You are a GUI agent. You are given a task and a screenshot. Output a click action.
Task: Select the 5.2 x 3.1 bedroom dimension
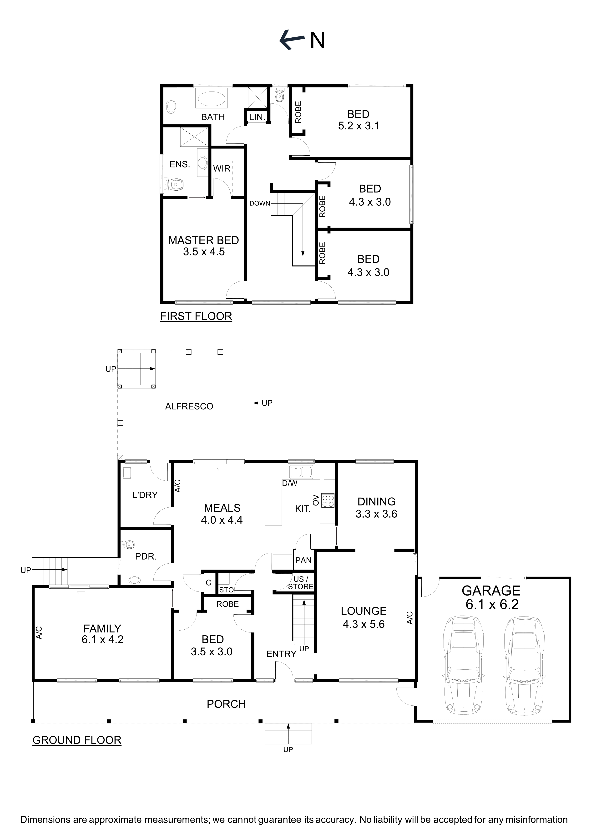pyautogui.click(x=359, y=126)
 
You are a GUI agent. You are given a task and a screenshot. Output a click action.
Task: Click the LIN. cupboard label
pyautogui.click(x=257, y=117)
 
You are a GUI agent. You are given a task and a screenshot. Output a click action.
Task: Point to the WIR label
pyautogui.click(x=222, y=168)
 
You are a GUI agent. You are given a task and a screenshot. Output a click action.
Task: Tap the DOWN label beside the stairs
pyautogui.click(x=259, y=204)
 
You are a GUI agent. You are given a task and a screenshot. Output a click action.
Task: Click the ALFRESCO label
pyautogui.click(x=189, y=406)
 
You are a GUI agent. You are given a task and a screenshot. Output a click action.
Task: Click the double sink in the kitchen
pyautogui.click(x=301, y=472)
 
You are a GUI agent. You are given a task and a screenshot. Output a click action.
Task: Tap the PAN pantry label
pyautogui.click(x=303, y=560)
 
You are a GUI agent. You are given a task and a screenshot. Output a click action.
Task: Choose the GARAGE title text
pyautogui.click(x=491, y=590)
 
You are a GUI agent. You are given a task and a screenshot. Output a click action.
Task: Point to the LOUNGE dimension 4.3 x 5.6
pyautogui.click(x=364, y=624)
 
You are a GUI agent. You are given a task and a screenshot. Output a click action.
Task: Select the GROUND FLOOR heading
pyautogui.click(x=77, y=740)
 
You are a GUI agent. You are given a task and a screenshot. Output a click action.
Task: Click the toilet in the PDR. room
pyautogui.click(x=128, y=545)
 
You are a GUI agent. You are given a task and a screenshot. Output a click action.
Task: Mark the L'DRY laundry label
pyautogui.click(x=145, y=495)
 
